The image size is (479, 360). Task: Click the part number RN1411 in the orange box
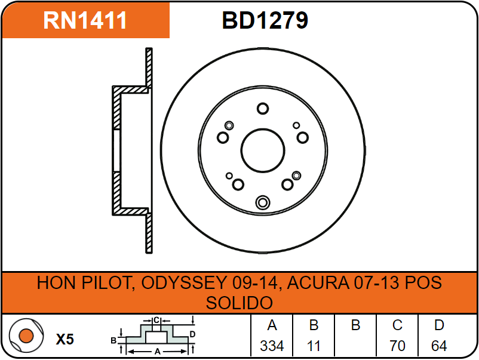[x=85, y=20]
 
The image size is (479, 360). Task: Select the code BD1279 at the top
[x=265, y=20]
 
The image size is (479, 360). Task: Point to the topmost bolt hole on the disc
[x=263, y=109]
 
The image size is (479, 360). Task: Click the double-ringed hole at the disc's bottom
[x=262, y=203]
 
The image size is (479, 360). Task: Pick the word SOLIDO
[x=239, y=302]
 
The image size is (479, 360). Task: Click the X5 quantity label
[x=65, y=340]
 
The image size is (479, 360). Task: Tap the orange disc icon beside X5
[x=26, y=336]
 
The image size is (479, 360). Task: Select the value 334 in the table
[x=272, y=346]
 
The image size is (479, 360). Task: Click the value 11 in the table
[x=314, y=346]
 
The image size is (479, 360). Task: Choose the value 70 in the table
[x=397, y=346]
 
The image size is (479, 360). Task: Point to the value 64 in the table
[x=439, y=346]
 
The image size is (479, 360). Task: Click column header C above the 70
[x=397, y=325]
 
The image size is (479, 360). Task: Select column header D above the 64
[x=439, y=325]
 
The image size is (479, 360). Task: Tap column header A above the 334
[x=272, y=325]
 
